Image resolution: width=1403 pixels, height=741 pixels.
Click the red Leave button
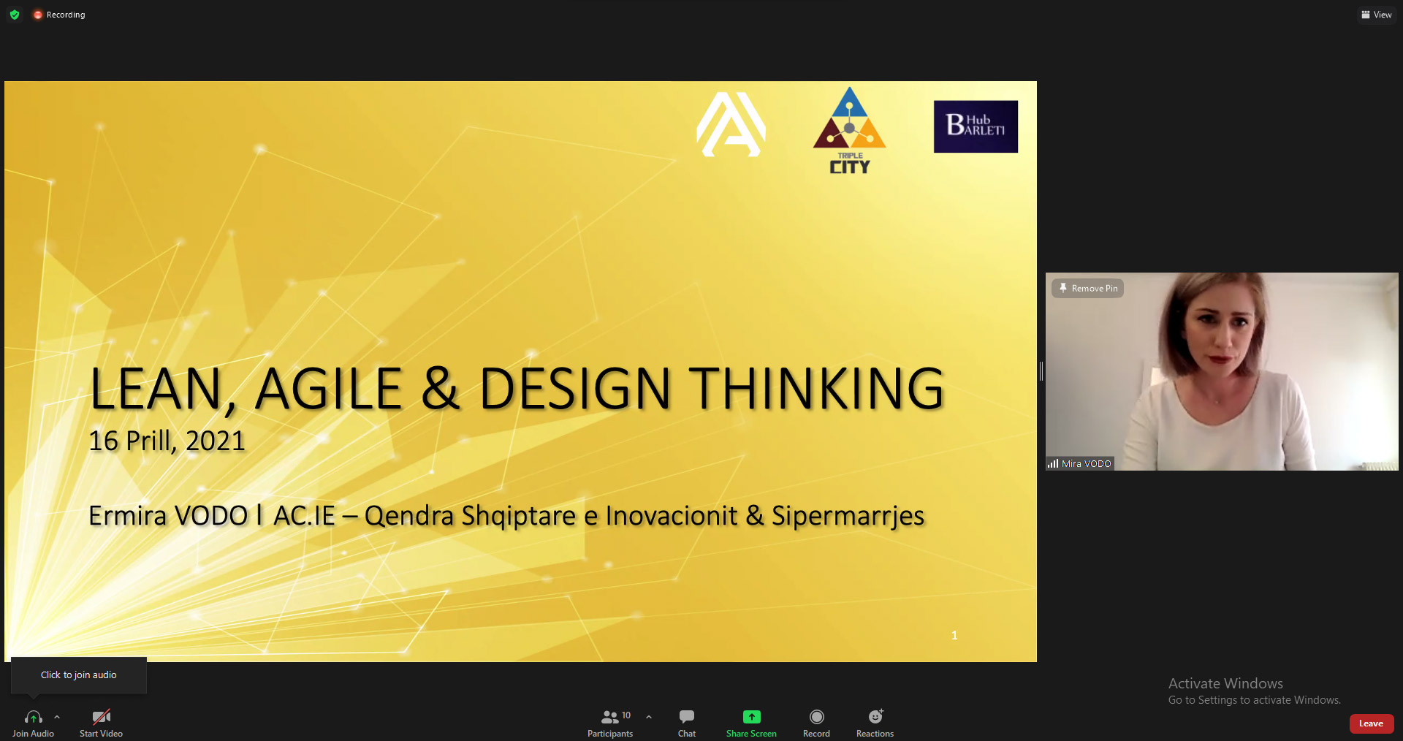pyautogui.click(x=1371, y=723)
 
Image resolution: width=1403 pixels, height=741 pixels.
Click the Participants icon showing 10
pyautogui.click(x=611, y=717)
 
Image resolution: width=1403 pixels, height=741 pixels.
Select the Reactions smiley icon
pyautogui.click(x=875, y=717)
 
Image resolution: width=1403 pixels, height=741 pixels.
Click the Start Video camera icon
pyautogui.click(x=101, y=717)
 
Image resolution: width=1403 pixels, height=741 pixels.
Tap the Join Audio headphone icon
pyautogui.click(x=33, y=717)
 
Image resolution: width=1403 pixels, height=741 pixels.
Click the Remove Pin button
pyautogui.click(x=1088, y=289)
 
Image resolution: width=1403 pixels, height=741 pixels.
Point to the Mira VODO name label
pyautogui.click(x=1085, y=463)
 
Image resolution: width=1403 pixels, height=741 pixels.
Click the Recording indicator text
pyautogui.click(x=65, y=15)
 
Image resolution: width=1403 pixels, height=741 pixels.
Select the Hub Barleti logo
pyautogui.click(x=976, y=126)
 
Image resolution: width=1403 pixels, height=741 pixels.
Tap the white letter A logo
pyautogui.click(x=731, y=124)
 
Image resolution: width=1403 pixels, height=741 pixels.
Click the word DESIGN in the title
pyautogui.click(x=574, y=389)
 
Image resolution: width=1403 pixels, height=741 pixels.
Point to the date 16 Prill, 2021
pyautogui.click(x=167, y=441)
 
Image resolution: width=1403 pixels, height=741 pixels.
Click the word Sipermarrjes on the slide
pyautogui.click(x=848, y=516)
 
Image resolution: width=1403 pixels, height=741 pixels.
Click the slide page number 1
pyautogui.click(x=954, y=636)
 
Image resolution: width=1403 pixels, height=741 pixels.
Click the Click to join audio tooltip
pyautogui.click(x=78, y=674)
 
